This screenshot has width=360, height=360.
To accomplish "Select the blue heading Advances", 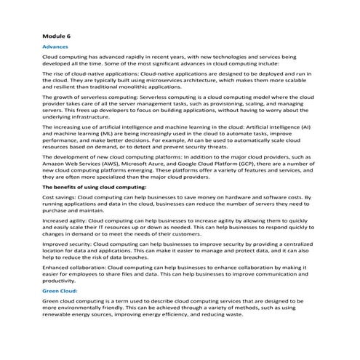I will click(57, 46).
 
